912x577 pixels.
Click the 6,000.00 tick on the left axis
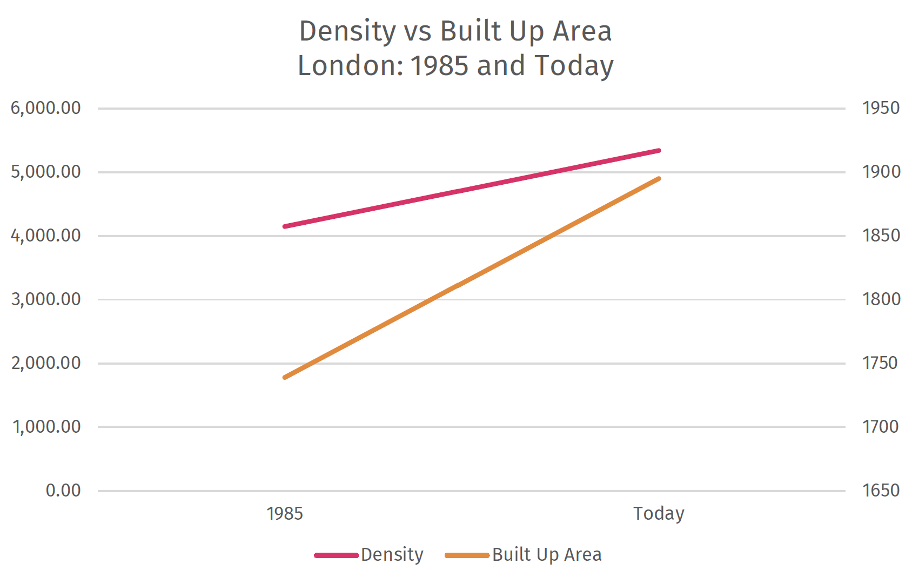click(x=45, y=108)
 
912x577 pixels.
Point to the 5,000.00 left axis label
click(x=45, y=172)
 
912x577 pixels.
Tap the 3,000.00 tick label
click(x=45, y=299)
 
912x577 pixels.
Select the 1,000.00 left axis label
click(x=46, y=427)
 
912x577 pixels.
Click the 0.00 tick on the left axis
click(x=63, y=491)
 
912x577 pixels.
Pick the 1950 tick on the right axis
click(x=881, y=108)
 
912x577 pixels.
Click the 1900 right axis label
click(x=881, y=172)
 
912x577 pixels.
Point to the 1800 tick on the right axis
click(x=881, y=299)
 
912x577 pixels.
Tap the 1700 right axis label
click(x=881, y=427)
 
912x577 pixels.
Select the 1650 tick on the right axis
click(x=881, y=491)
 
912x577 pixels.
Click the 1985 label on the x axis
click(x=285, y=513)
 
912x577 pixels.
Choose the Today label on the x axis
click(x=659, y=513)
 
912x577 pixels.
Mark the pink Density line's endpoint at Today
click(x=659, y=151)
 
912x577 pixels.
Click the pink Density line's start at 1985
click(x=285, y=226)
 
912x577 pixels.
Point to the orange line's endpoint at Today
click(x=659, y=179)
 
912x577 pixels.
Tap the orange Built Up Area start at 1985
click(x=285, y=377)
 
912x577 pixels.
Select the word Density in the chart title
click(x=347, y=31)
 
